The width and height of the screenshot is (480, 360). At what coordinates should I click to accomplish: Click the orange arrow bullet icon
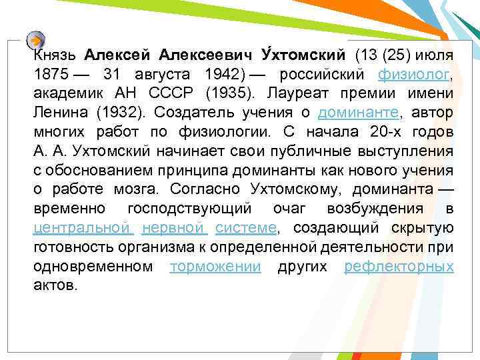click(36, 39)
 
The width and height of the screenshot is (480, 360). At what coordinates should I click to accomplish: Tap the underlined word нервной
click(173, 227)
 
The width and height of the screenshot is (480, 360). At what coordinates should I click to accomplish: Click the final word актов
click(55, 285)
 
